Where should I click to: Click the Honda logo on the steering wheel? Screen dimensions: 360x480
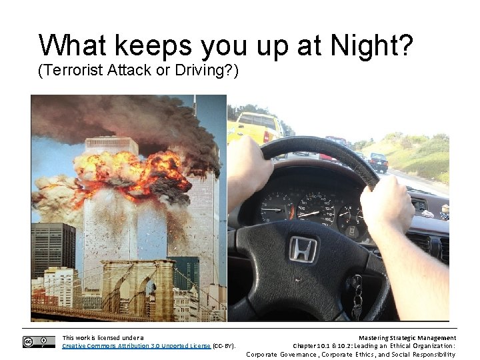pyautogui.click(x=302, y=249)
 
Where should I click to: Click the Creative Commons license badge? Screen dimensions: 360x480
pyautogui.click(x=39, y=342)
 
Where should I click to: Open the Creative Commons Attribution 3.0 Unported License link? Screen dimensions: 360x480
pyautogui.click(x=136, y=346)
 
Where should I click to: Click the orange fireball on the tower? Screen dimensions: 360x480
pyautogui.click(x=143, y=171)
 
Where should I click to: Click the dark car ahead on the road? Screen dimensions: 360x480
pyautogui.click(x=379, y=161)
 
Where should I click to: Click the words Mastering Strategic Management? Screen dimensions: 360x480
pyautogui.click(x=407, y=338)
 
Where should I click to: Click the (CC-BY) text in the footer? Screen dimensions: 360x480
pyautogui.click(x=224, y=346)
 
